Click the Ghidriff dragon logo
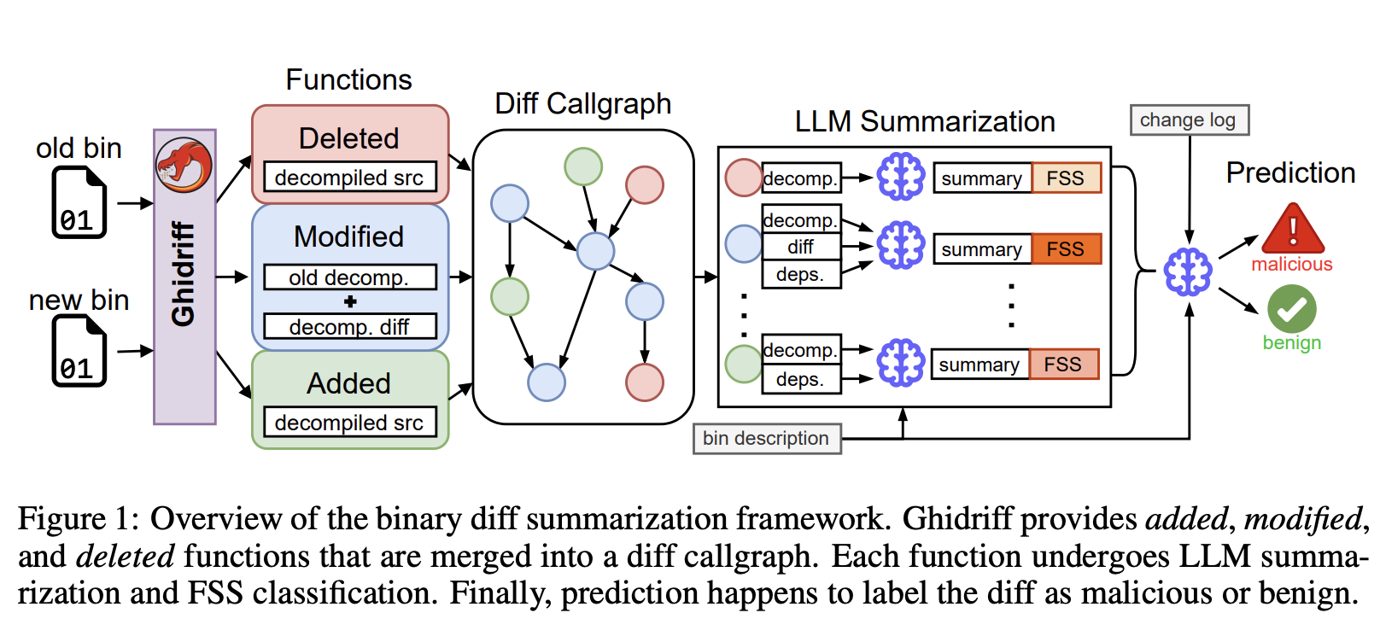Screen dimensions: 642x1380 coord(184,165)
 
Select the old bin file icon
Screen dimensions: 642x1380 coord(79,202)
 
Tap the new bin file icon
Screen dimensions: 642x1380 coord(79,351)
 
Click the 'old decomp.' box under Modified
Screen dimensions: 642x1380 coord(349,277)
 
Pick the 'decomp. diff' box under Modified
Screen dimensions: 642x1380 coord(349,327)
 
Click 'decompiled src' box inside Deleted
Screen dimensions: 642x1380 coord(349,178)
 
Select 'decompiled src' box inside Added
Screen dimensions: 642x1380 coord(349,423)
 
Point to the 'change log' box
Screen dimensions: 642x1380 coord(1188,120)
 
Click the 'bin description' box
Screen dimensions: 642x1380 coord(766,439)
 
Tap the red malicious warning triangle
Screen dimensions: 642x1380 coord(1292,229)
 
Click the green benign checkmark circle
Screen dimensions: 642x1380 coord(1291,309)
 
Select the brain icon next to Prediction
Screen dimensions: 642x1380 coord(1188,272)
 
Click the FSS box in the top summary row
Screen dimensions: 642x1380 coord(1066,178)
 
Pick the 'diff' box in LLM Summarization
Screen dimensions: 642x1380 coord(800,248)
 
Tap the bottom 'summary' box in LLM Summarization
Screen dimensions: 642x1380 coord(979,365)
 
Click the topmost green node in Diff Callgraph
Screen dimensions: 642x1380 coord(583,166)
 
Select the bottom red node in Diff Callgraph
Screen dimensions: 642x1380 coord(644,382)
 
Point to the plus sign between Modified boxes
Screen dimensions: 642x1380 coord(349,302)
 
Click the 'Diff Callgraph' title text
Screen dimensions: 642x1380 coord(583,103)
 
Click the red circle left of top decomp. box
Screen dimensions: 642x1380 coord(743,178)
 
